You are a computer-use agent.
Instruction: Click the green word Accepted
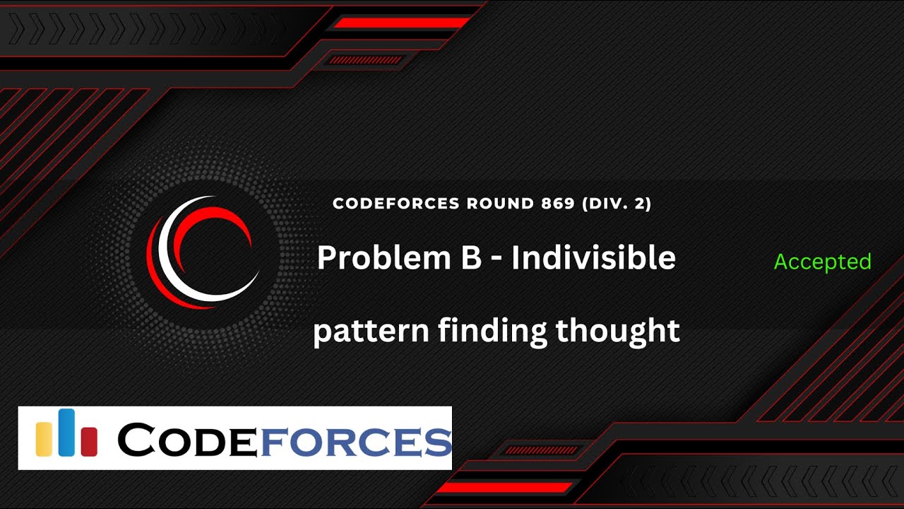(x=822, y=262)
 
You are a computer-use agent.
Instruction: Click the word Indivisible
(x=593, y=259)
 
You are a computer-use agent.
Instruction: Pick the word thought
(x=617, y=331)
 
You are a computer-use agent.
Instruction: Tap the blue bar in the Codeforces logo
(x=66, y=433)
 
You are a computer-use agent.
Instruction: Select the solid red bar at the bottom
(x=503, y=487)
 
